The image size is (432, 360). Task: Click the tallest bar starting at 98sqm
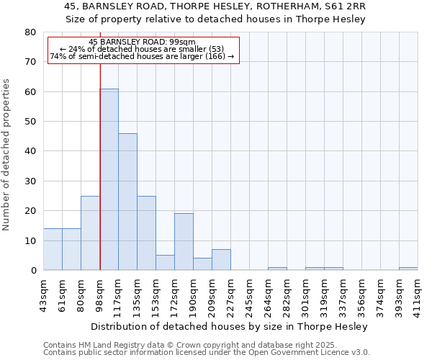[109, 179]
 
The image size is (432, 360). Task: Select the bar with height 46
[127, 202]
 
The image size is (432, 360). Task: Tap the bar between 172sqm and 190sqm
[184, 242]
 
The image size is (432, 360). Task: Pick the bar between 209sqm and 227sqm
[221, 260]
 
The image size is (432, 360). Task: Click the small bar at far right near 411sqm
[408, 269]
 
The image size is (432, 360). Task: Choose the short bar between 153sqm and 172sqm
[165, 263]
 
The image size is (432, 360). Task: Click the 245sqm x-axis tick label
[249, 293]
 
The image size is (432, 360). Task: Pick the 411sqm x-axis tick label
[418, 293]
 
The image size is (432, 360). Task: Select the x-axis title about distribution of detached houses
[230, 327]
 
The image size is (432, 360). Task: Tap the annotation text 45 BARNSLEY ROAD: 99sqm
[143, 42]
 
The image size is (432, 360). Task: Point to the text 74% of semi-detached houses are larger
[143, 56]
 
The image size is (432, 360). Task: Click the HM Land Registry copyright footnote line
[207, 345]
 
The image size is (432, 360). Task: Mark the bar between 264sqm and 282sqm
[277, 269]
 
